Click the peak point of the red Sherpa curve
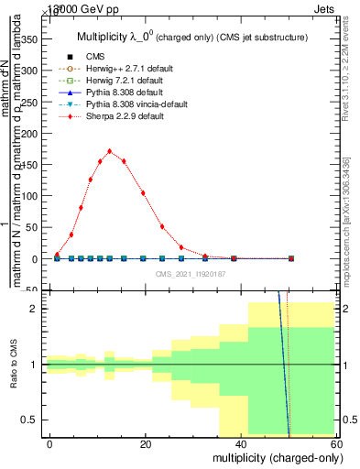110,151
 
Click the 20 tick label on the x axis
145,444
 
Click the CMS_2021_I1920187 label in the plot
191,274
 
